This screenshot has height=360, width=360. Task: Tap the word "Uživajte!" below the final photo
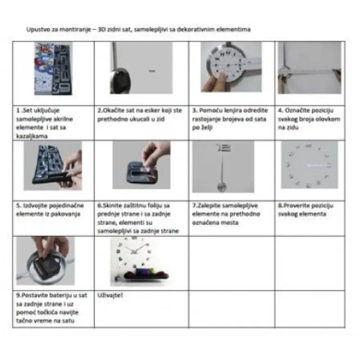pyautogui.click(x=110, y=295)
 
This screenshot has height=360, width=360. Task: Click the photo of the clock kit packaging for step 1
pyautogui.click(x=53, y=68)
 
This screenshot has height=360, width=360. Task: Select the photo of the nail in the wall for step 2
pyautogui.click(x=141, y=67)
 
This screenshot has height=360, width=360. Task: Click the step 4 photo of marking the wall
pyautogui.click(x=309, y=67)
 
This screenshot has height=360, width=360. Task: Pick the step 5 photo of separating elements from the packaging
pyautogui.click(x=53, y=166)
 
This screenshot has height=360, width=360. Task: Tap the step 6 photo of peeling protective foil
pyautogui.click(x=141, y=165)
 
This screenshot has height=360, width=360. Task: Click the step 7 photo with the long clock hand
pyautogui.click(x=223, y=167)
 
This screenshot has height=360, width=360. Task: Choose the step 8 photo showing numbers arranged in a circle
pyautogui.click(x=309, y=165)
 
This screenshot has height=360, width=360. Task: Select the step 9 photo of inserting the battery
pyautogui.click(x=45, y=261)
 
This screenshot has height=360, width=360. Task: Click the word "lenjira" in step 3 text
pyautogui.click(x=233, y=111)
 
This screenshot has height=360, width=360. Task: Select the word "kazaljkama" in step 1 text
pyautogui.click(x=32, y=136)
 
